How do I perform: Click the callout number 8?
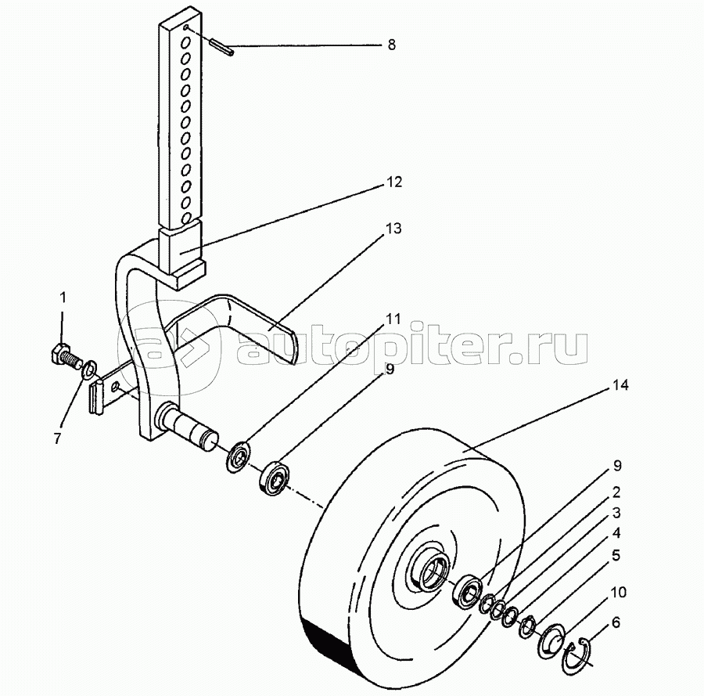[391, 45]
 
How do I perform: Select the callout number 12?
[393, 182]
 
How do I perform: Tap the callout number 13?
[393, 229]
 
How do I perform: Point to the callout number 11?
[393, 319]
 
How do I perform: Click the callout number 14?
[620, 386]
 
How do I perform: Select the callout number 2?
[616, 492]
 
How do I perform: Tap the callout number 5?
[616, 557]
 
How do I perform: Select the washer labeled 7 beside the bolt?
[90, 366]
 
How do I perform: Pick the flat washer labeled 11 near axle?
[236, 456]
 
